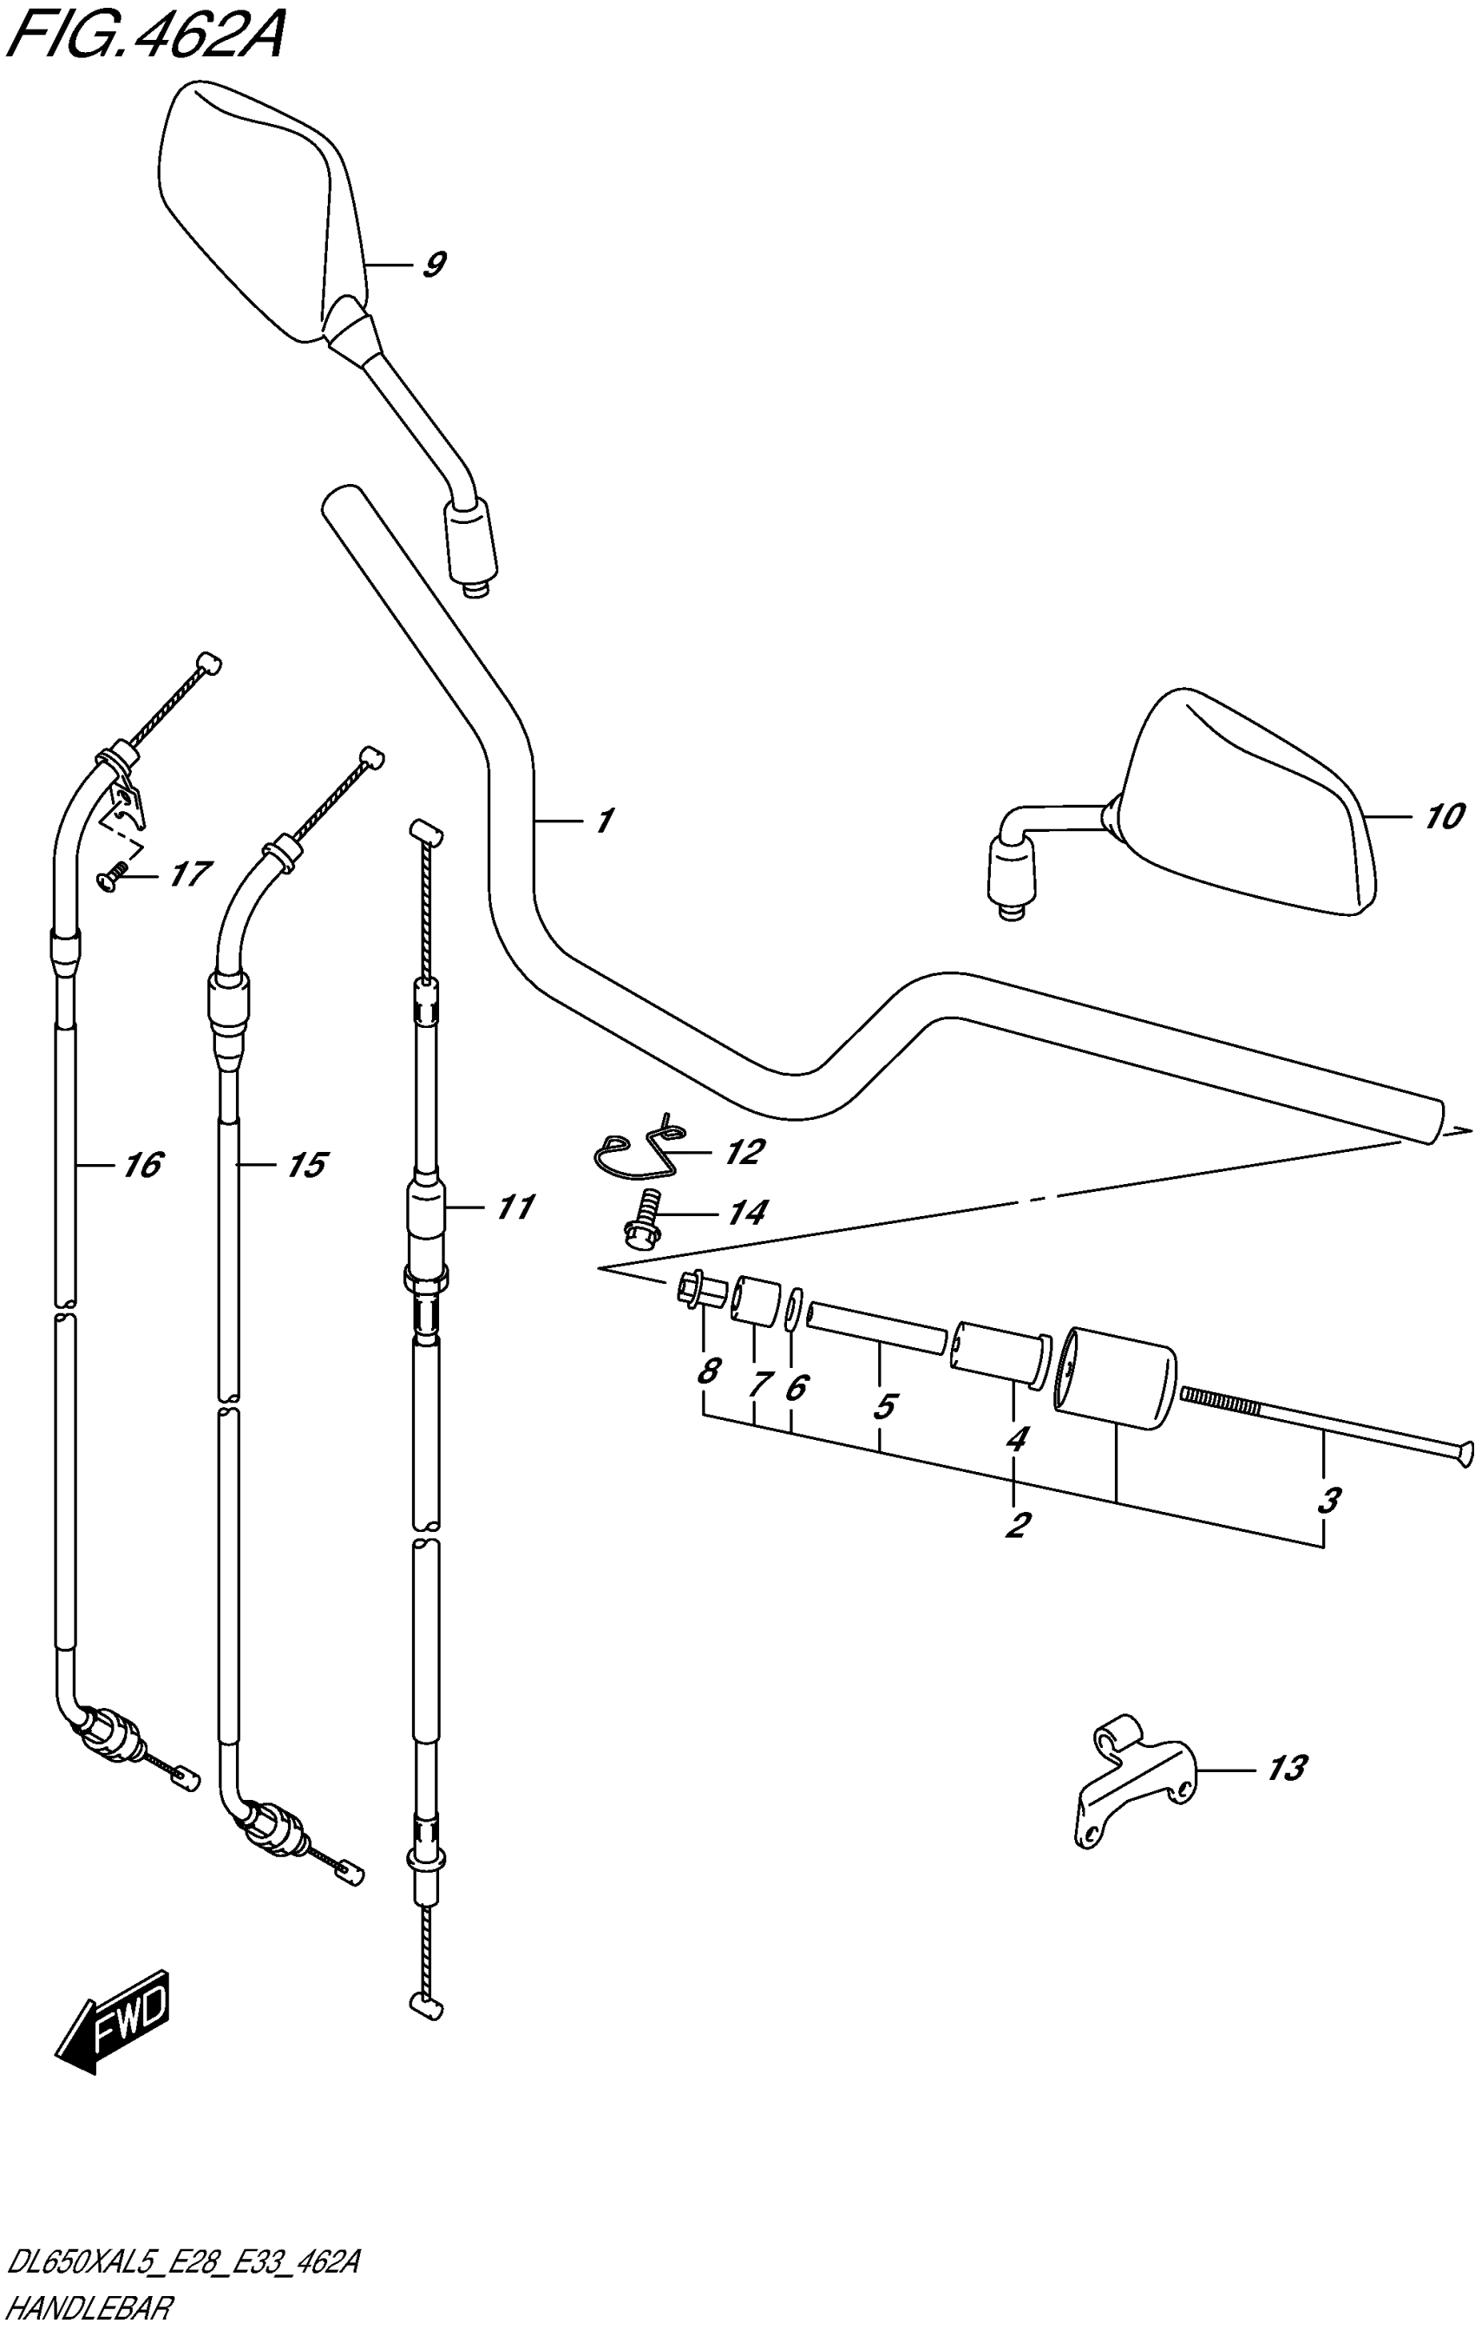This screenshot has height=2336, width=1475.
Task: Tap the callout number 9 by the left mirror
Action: [434, 264]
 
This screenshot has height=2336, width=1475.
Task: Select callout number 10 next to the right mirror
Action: [1443, 817]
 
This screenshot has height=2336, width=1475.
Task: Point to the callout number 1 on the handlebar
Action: [604, 821]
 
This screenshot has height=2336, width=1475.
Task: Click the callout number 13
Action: [1287, 1769]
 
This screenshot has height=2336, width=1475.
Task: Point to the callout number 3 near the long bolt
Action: [1328, 1499]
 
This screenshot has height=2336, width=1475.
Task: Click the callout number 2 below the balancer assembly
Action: [1016, 1524]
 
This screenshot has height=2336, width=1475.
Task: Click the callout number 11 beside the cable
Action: [515, 1207]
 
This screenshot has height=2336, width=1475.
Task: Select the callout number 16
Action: [141, 1164]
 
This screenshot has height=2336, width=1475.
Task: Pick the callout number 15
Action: [306, 1164]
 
